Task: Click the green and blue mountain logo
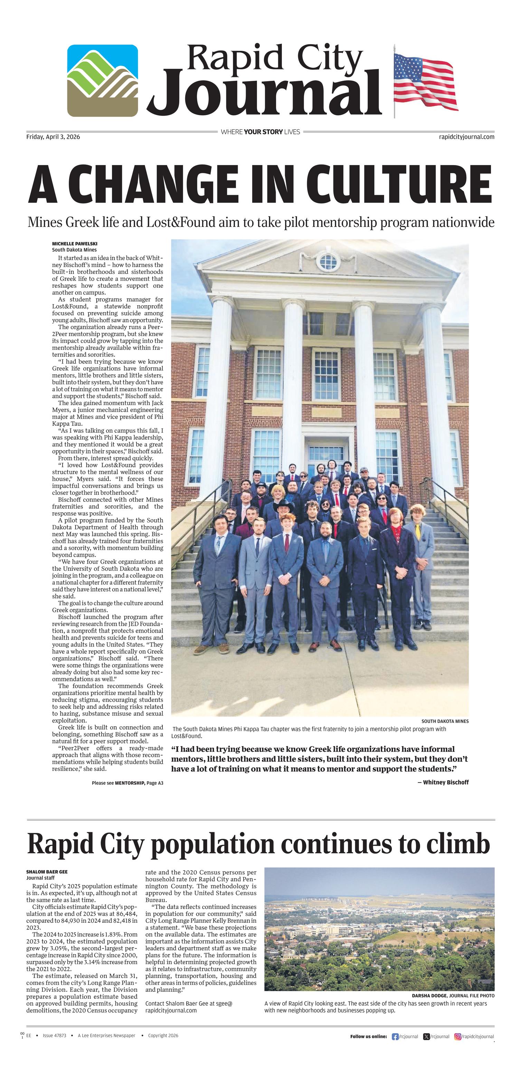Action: (x=103, y=80)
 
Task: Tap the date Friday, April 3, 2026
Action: (x=53, y=137)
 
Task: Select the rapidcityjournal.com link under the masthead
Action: (x=466, y=137)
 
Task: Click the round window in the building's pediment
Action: (x=328, y=261)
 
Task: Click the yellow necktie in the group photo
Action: (x=418, y=532)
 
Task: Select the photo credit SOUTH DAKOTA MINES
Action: (x=445, y=721)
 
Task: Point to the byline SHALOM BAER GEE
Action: (x=47, y=872)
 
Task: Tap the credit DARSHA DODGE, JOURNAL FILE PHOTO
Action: (x=453, y=996)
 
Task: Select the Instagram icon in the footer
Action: (x=458, y=1036)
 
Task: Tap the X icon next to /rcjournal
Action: (x=426, y=1036)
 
